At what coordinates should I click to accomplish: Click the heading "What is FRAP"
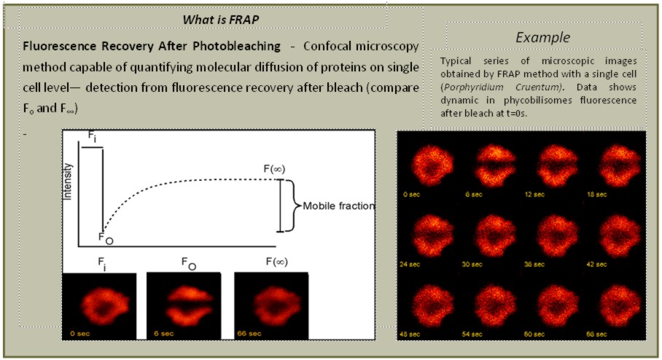(221, 20)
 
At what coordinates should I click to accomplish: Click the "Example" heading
(543, 38)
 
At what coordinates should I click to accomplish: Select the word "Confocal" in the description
(327, 46)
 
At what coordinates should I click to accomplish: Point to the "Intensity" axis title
(68, 181)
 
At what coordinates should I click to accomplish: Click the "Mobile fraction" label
(339, 206)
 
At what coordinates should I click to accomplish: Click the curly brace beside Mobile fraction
(290, 206)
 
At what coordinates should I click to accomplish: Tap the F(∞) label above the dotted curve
(274, 169)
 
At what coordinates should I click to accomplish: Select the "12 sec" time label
(534, 195)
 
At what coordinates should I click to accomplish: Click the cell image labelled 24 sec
(432, 235)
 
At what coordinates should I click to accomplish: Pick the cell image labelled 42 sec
(620, 235)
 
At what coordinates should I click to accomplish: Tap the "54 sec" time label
(472, 334)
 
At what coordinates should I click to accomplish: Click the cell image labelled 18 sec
(620, 165)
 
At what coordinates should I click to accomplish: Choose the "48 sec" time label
(410, 334)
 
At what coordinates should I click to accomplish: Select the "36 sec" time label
(534, 265)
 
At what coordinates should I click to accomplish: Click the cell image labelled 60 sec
(557, 305)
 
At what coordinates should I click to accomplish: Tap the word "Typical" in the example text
(456, 61)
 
